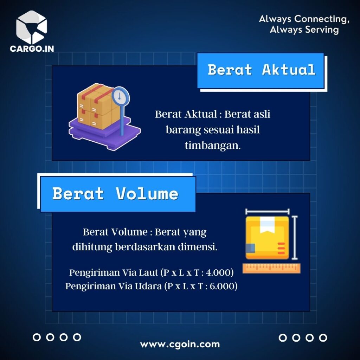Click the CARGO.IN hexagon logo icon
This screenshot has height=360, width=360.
click(x=31, y=27)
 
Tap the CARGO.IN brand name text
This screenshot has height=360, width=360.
click(x=32, y=49)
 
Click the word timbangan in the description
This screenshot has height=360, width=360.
click(x=213, y=146)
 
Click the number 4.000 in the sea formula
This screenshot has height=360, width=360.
click(x=218, y=273)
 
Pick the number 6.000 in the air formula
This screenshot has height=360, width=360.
click(x=221, y=286)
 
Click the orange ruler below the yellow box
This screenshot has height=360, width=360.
click(x=271, y=268)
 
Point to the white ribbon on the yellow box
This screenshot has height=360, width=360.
click(x=267, y=225)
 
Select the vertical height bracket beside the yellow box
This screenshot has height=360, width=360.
click(x=295, y=238)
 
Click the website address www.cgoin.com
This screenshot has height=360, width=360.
click(x=180, y=345)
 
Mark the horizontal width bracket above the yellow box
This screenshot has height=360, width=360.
click(x=267, y=211)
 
